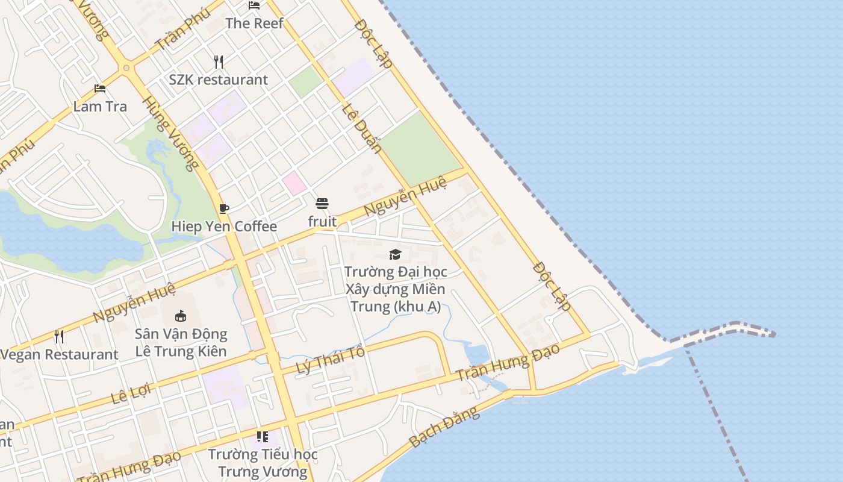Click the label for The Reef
point(254,23)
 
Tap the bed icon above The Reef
point(254,5)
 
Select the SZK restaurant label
point(218,80)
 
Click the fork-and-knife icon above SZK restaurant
point(219,61)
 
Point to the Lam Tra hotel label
point(100,107)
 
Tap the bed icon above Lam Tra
point(100,89)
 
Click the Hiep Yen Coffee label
point(224,227)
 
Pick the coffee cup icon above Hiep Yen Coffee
point(224,208)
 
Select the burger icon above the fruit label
point(322,204)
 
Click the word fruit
point(322,222)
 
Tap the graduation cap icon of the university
point(395,254)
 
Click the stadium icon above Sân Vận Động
point(180,316)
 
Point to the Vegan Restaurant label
point(59,354)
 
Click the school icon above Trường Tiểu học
point(262,436)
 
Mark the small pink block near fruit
point(294,183)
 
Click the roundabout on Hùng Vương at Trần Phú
point(126,67)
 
